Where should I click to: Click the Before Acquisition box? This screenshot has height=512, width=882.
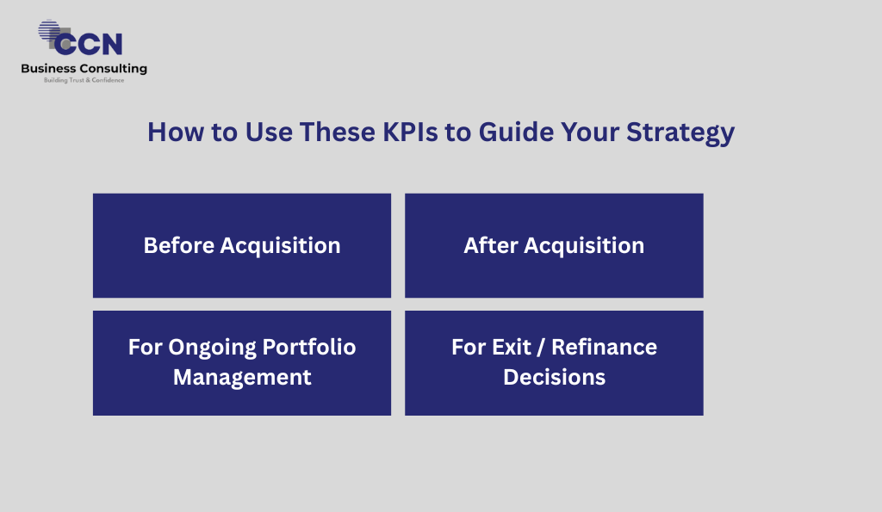(x=242, y=245)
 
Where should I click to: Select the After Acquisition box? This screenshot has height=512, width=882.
(x=554, y=245)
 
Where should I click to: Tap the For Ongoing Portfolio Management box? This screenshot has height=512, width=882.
(x=242, y=363)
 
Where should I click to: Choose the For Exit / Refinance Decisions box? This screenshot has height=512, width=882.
(x=554, y=363)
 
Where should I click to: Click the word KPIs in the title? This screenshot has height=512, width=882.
(x=410, y=132)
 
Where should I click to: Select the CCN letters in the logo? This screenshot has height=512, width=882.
(x=89, y=44)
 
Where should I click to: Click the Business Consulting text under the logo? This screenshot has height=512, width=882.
(x=84, y=69)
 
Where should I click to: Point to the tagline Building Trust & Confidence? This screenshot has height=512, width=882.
(x=84, y=80)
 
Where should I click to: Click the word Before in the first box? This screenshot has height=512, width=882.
(x=179, y=245)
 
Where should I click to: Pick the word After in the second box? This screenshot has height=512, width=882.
(x=490, y=245)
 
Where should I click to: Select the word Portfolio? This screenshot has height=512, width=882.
(x=309, y=348)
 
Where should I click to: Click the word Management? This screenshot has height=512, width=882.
(x=242, y=378)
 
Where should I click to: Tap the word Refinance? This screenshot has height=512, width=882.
(x=604, y=348)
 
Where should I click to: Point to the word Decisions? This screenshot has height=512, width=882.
(x=554, y=377)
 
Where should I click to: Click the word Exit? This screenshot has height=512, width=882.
(x=512, y=348)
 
